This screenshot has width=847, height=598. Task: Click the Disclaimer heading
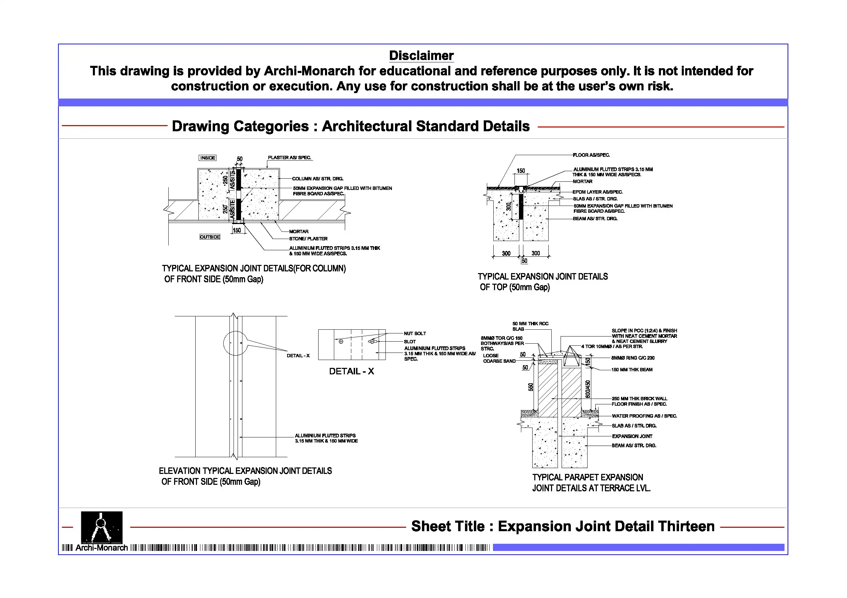coord(421,56)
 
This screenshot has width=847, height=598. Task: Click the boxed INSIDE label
coord(207,158)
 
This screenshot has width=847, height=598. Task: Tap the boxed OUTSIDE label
coord(210,237)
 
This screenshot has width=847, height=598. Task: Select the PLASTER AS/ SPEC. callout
coord(289,158)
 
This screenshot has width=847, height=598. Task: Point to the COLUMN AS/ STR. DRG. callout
coord(317,179)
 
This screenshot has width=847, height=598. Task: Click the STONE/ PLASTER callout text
coord(308,239)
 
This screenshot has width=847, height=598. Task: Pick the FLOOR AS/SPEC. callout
coord(591,155)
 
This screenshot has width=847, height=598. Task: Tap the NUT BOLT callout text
coord(415,333)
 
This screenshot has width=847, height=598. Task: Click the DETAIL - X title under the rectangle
coord(351,371)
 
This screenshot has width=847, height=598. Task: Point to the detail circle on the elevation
coord(235,343)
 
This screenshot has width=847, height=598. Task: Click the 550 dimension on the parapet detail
coord(531,387)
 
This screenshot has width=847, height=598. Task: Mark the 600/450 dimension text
coord(588,389)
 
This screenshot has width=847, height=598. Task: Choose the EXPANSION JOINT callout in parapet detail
coord(632,436)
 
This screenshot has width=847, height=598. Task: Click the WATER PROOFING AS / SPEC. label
coord(644,416)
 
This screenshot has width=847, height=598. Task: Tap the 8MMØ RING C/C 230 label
coord(633,358)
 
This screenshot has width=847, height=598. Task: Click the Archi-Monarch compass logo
coord(101,527)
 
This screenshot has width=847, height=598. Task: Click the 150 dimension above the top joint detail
coord(521,171)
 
